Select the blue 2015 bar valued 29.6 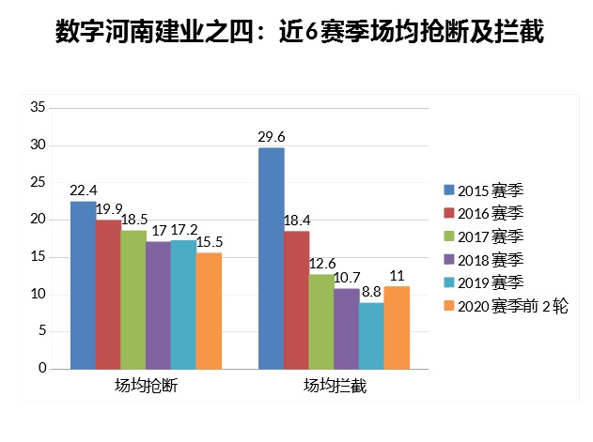coord(271,258)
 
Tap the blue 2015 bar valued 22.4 coord(83,285)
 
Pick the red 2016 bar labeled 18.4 coord(296,299)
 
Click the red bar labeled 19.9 coord(107,295)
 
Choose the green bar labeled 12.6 coord(321,321)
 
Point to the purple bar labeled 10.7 coord(347,328)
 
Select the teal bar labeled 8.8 coord(371,335)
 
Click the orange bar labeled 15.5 coord(209,311)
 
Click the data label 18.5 coord(133,219)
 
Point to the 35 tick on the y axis coord(38,108)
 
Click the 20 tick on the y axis coord(38,220)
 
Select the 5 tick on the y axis coord(41,331)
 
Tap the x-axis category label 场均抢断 coord(146,386)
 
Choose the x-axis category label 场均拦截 coord(334,386)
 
